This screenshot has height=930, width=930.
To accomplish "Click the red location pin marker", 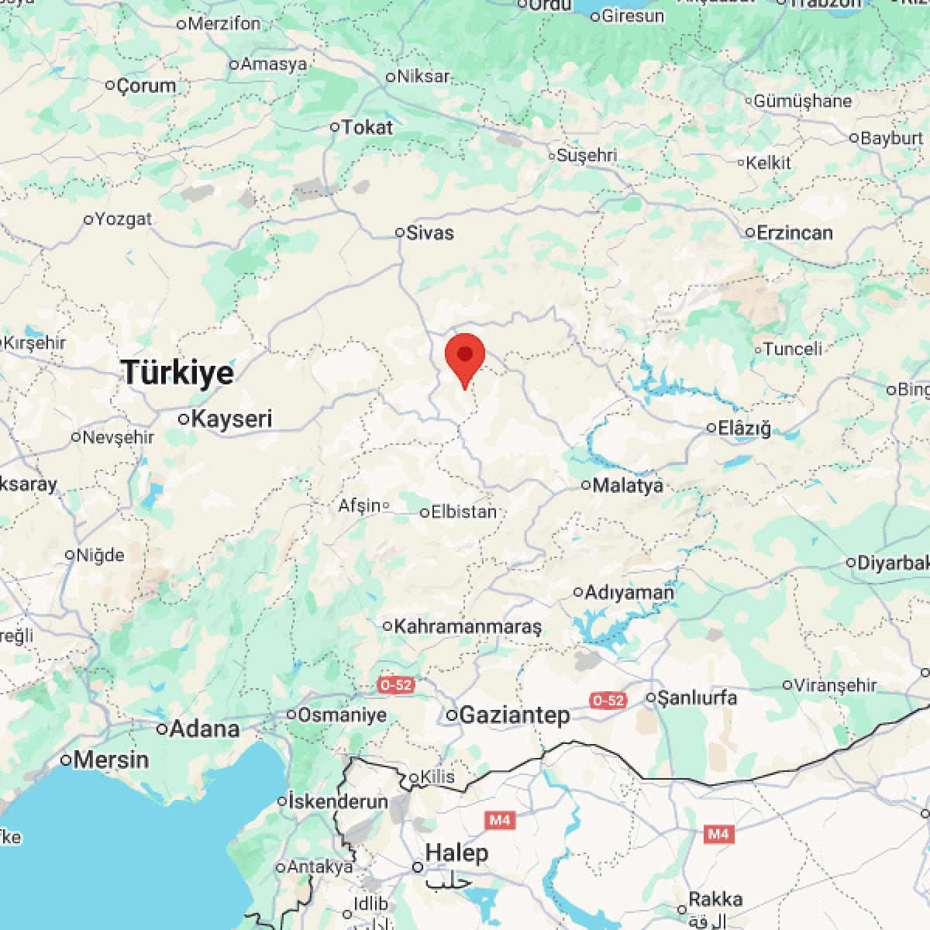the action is (465, 358).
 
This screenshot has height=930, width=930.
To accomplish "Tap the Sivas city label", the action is (430, 232).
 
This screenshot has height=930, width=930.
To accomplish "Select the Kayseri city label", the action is (231, 419).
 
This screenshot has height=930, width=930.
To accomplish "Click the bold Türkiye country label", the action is (177, 373).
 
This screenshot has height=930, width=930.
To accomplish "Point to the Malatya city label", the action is (628, 486).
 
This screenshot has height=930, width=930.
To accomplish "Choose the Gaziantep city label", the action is (515, 715).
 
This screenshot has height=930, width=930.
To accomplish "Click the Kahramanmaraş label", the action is (468, 626).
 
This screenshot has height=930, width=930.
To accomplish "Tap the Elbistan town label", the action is (463, 512).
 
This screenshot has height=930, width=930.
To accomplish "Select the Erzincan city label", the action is (794, 232).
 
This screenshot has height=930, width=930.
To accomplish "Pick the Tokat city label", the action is (367, 127).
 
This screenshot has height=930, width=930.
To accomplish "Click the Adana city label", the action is (204, 729).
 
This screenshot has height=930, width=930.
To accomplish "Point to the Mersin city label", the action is (111, 759).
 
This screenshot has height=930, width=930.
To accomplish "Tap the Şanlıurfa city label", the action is (697, 697).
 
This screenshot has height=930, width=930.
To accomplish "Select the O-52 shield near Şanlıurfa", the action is (607, 701).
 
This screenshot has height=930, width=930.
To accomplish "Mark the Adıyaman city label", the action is (629, 593).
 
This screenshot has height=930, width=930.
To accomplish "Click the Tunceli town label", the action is (793, 349).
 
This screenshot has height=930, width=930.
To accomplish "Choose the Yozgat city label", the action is (123, 219).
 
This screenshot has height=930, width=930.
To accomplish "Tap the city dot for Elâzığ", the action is (712, 428).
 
